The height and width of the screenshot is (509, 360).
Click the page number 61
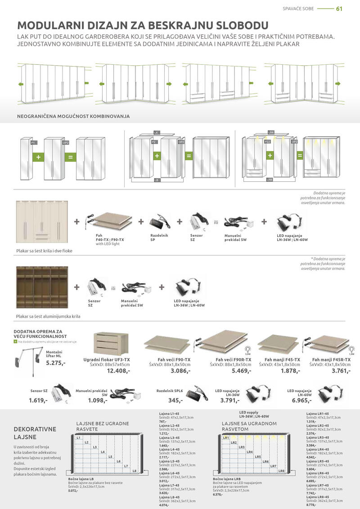pos(339,9)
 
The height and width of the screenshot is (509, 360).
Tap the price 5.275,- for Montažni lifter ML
pos(56,362)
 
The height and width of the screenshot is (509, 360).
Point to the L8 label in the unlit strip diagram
pos(135,471)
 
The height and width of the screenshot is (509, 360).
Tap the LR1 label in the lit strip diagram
pos(226,437)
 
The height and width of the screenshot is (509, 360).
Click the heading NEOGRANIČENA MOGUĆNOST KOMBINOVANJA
pos(73,116)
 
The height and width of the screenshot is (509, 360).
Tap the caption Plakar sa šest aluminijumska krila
pos(48,316)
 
